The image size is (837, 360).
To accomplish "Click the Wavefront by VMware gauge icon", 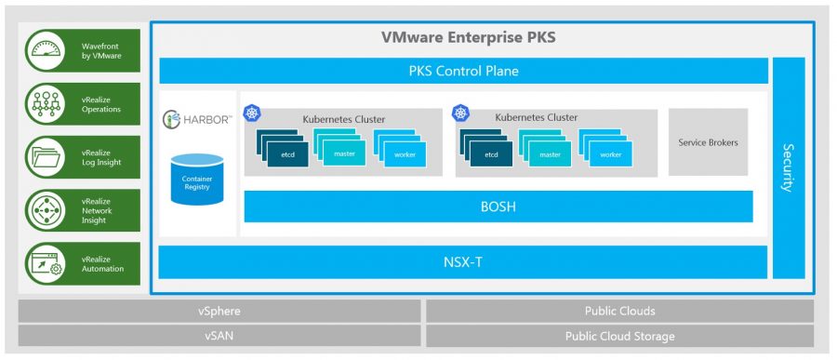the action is [45, 51].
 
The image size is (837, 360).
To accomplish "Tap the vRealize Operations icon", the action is [45, 103].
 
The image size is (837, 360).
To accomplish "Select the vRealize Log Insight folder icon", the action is [45, 157].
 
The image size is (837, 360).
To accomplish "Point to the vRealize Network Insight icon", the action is [45, 210].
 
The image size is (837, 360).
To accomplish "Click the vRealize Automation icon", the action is [45, 264].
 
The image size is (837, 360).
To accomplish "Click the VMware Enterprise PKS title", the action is [468, 37].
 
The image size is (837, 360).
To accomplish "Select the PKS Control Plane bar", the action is [463, 71].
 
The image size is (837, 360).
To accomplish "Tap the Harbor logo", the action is [197, 118].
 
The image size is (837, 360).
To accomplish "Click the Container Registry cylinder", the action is [197, 180].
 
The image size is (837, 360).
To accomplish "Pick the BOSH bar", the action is [498, 207].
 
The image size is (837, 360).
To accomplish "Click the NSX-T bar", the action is [463, 262].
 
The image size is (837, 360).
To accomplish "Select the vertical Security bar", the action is [789, 167].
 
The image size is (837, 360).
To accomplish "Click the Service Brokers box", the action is [708, 142].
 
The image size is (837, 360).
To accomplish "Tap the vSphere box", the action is [219, 311].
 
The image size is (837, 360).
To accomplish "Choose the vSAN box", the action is [219, 336].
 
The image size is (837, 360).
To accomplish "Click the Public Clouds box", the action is [619, 311].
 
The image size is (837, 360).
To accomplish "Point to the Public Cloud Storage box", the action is [619, 336].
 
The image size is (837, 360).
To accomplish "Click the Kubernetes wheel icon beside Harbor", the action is [251, 113].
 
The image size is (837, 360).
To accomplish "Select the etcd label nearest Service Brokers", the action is [491, 155].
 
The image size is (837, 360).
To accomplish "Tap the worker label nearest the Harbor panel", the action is [405, 155].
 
